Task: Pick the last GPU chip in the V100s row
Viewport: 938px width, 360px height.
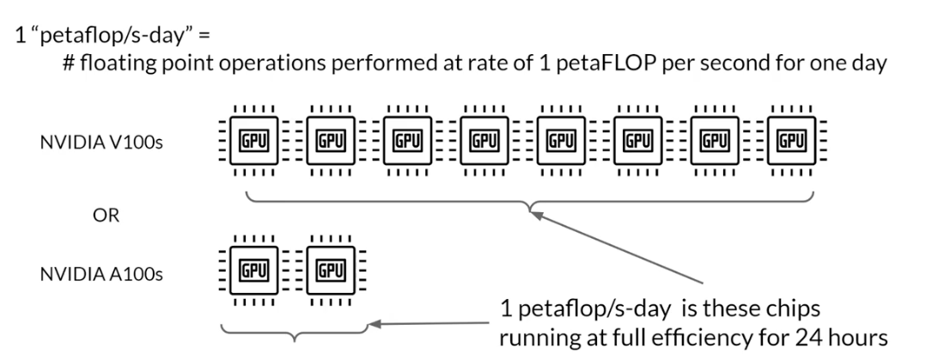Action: click(x=790, y=138)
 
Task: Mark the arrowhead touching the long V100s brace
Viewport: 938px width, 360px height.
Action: click(x=538, y=214)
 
